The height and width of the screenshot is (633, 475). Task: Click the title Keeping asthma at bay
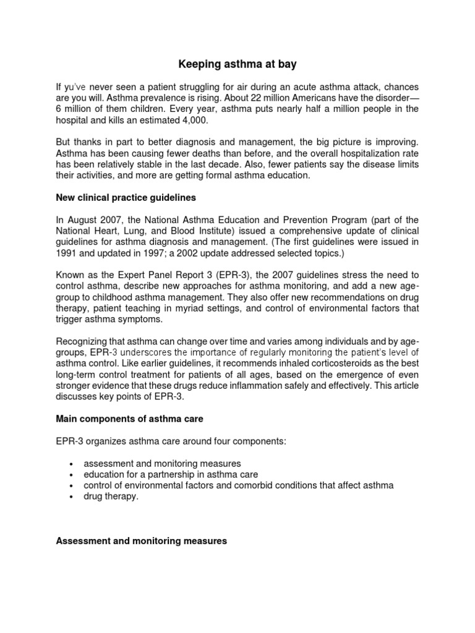tap(237, 63)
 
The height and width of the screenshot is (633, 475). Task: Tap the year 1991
tap(67, 253)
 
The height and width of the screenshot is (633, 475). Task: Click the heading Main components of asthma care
tap(129, 419)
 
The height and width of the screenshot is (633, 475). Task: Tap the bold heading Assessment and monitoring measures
tap(142, 541)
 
